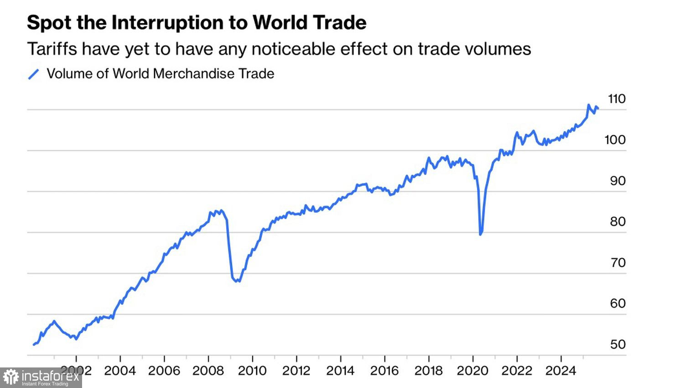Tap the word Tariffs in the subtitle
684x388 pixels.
52,49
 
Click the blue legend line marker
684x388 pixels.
34,74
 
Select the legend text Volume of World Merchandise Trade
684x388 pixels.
160,74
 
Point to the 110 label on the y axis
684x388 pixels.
617,99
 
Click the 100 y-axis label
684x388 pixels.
615,140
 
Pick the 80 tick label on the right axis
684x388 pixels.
618,222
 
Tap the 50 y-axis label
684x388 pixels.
618,344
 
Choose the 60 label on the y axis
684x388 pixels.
618,304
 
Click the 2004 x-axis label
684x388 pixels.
120,370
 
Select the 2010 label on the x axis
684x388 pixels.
252,370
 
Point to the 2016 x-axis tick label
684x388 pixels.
384,370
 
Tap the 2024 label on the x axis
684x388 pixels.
561,370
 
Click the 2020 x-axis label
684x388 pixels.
472,370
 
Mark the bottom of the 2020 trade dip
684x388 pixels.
481,234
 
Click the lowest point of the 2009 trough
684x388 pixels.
237,281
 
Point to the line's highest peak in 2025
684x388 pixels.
589,105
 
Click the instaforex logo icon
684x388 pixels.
11,378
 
